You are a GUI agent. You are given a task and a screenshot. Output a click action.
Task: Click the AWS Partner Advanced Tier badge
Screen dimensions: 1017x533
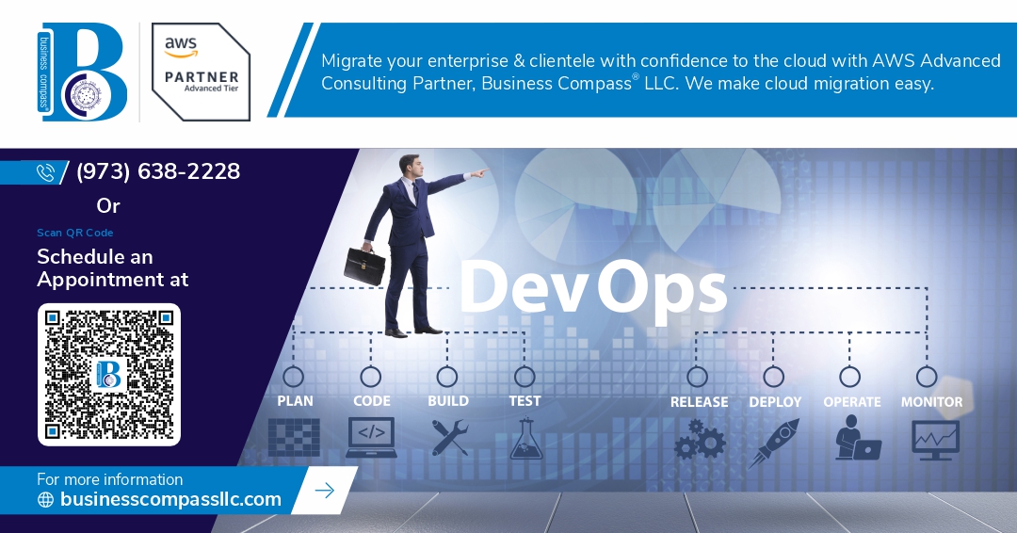(202, 72)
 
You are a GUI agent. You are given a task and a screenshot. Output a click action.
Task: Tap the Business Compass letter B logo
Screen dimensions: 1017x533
(83, 72)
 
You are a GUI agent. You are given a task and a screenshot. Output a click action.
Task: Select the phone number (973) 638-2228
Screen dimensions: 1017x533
(158, 171)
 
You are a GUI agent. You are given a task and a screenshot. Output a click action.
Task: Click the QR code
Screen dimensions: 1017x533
(109, 375)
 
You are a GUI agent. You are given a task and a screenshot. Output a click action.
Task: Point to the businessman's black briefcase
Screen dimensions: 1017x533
(363, 265)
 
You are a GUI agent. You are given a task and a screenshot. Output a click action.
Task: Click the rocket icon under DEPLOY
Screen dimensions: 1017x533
(774, 443)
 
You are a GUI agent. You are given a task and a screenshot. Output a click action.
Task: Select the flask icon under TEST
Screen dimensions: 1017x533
(525, 439)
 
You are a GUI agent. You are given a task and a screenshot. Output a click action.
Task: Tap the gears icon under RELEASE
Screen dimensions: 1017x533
(699, 440)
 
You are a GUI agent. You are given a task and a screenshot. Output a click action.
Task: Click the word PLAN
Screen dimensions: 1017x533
(295, 401)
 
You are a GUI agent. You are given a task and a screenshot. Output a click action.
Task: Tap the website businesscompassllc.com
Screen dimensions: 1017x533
(170, 499)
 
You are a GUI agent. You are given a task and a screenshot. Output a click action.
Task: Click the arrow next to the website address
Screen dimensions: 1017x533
(324, 491)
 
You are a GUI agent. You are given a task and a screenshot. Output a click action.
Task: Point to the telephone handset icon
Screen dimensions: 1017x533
(45, 172)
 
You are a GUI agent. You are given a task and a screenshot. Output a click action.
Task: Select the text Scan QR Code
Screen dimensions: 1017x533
(75, 233)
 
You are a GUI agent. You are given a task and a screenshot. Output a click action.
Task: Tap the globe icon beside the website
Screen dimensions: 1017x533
(45, 499)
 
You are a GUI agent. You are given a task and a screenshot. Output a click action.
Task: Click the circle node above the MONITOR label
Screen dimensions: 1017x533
(927, 377)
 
